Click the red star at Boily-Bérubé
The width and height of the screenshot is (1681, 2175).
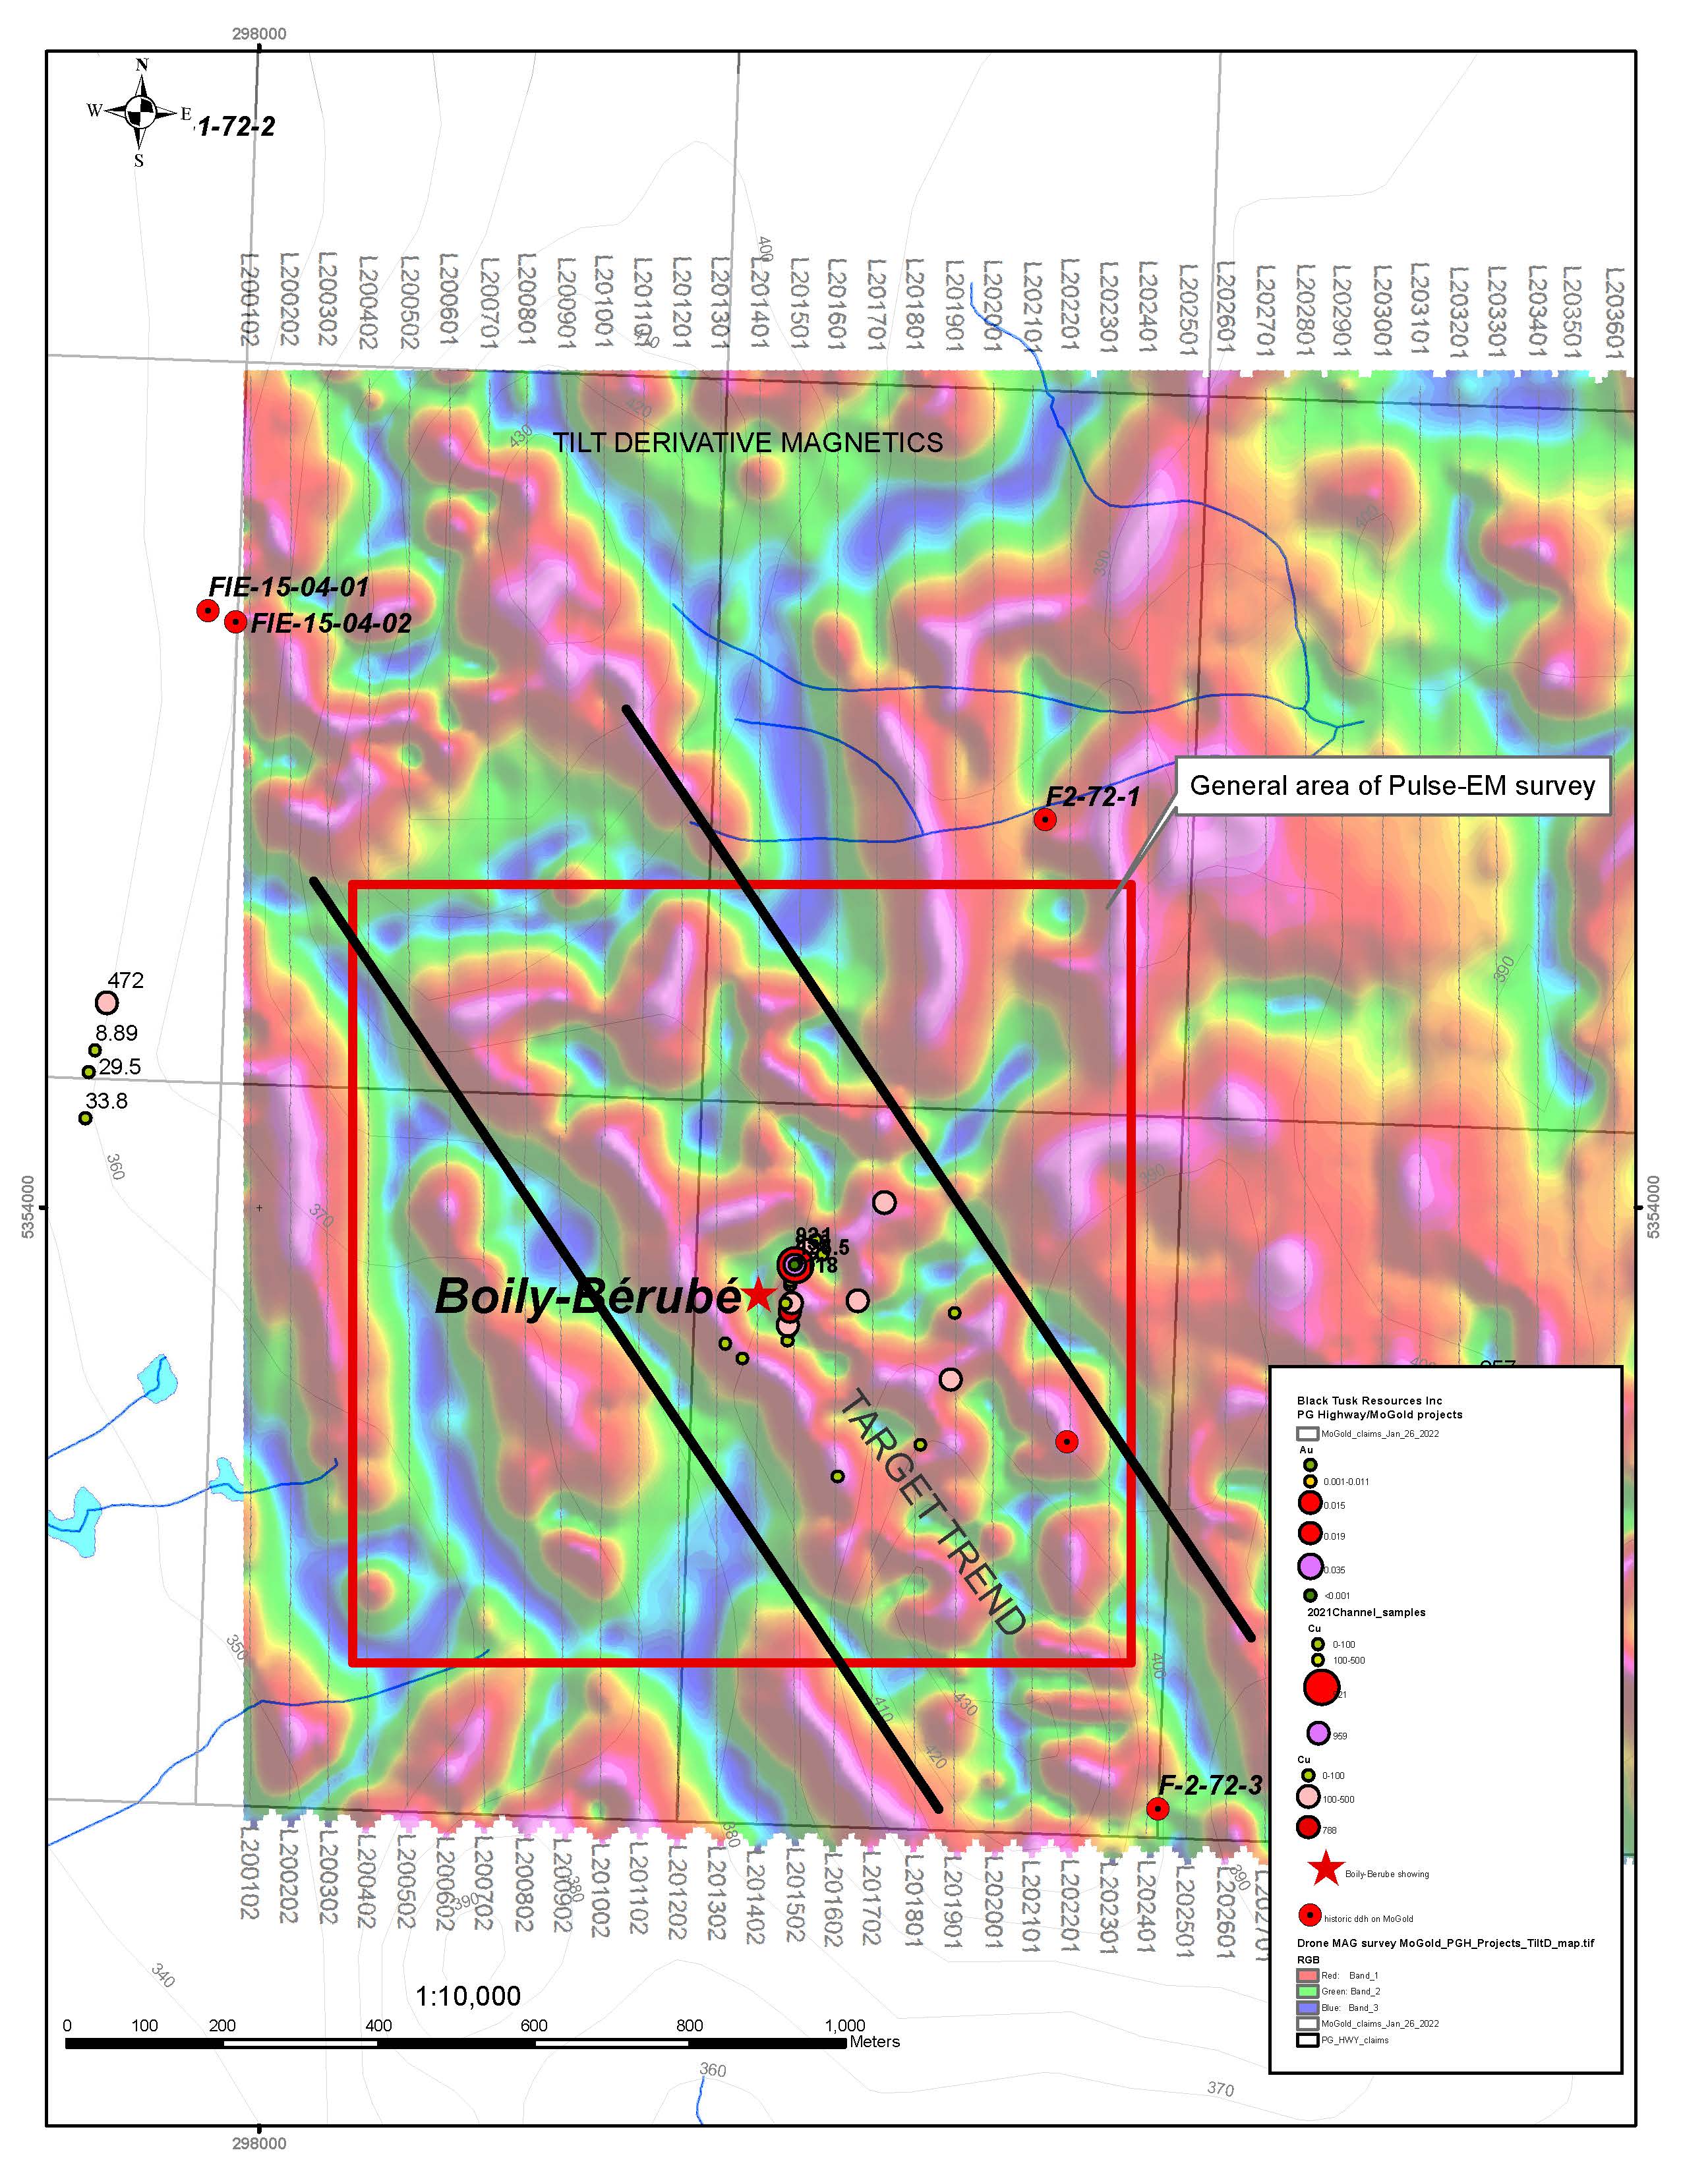pyautogui.click(x=759, y=1294)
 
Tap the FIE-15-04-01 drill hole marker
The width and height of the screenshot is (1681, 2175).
pyautogui.click(x=207, y=610)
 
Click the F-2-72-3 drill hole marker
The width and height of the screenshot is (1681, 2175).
pyautogui.click(x=1156, y=1809)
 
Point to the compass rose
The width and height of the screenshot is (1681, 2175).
pyautogui.click(x=140, y=111)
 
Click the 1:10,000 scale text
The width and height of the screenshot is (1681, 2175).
pyautogui.click(x=468, y=1996)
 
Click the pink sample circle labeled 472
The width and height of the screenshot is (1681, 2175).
pyautogui.click(x=107, y=1003)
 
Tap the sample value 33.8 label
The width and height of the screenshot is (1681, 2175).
pyautogui.click(x=107, y=1101)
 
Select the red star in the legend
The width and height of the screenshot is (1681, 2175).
pyautogui.click(x=1326, y=1869)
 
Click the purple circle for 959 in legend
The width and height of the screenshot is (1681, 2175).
pyautogui.click(x=1318, y=1733)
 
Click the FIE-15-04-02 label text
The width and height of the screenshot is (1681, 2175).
pyautogui.click(x=331, y=624)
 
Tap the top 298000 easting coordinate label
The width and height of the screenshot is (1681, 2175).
pyautogui.click(x=259, y=34)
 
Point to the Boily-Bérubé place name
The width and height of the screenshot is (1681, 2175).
pyautogui.click(x=587, y=1296)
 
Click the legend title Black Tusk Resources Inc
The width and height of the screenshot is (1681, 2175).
pyautogui.click(x=1369, y=1400)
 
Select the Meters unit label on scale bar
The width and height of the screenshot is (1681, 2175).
pyautogui.click(x=874, y=2042)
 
